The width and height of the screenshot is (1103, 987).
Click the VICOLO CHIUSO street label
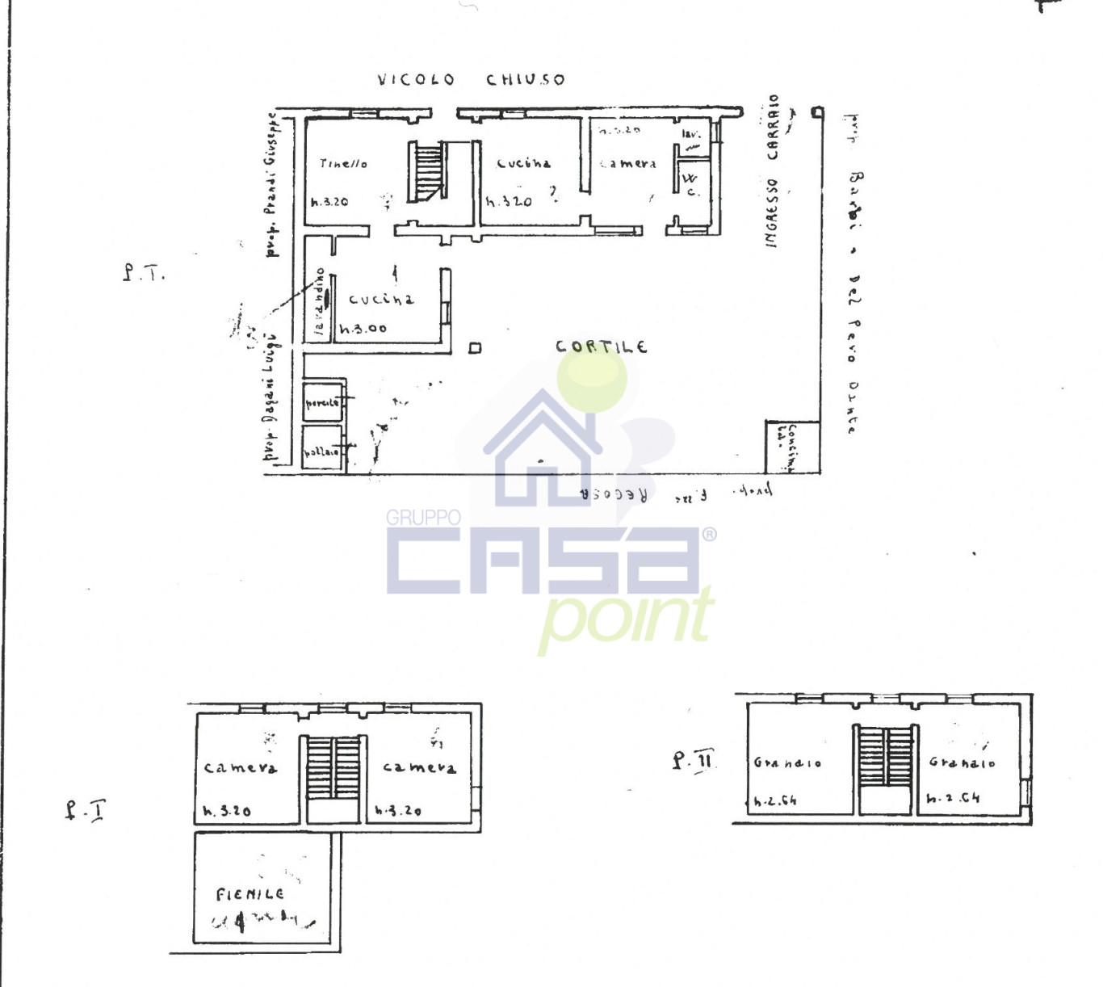[x=471, y=79]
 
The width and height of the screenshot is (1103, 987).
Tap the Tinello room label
[x=343, y=163]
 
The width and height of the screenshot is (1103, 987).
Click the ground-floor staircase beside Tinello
[x=427, y=171]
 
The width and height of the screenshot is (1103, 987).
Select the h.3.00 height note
[x=363, y=329]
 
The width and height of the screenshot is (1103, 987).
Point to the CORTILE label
[x=601, y=346]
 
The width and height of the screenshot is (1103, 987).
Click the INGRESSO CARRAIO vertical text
[x=773, y=171]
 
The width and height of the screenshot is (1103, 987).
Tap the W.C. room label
[x=690, y=184]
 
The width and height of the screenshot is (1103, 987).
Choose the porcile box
[x=323, y=401]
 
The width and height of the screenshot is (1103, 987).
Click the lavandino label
[x=320, y=300]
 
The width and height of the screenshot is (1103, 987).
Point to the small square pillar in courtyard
[x=475, y=348]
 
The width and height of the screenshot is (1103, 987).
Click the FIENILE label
[x=250, y=894]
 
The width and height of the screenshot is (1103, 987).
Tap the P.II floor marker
[x=693, y=760]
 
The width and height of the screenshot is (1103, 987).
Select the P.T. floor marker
[x=144, y=272]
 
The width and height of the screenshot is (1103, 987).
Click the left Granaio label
[x=787, y=762]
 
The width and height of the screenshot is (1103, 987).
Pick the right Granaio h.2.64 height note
[x=953, y=798]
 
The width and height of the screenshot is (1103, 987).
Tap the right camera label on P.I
[x=419, y=767]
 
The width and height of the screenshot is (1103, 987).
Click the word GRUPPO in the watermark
[x=423, y=517]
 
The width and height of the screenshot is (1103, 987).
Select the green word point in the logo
[x=626, y=618]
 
